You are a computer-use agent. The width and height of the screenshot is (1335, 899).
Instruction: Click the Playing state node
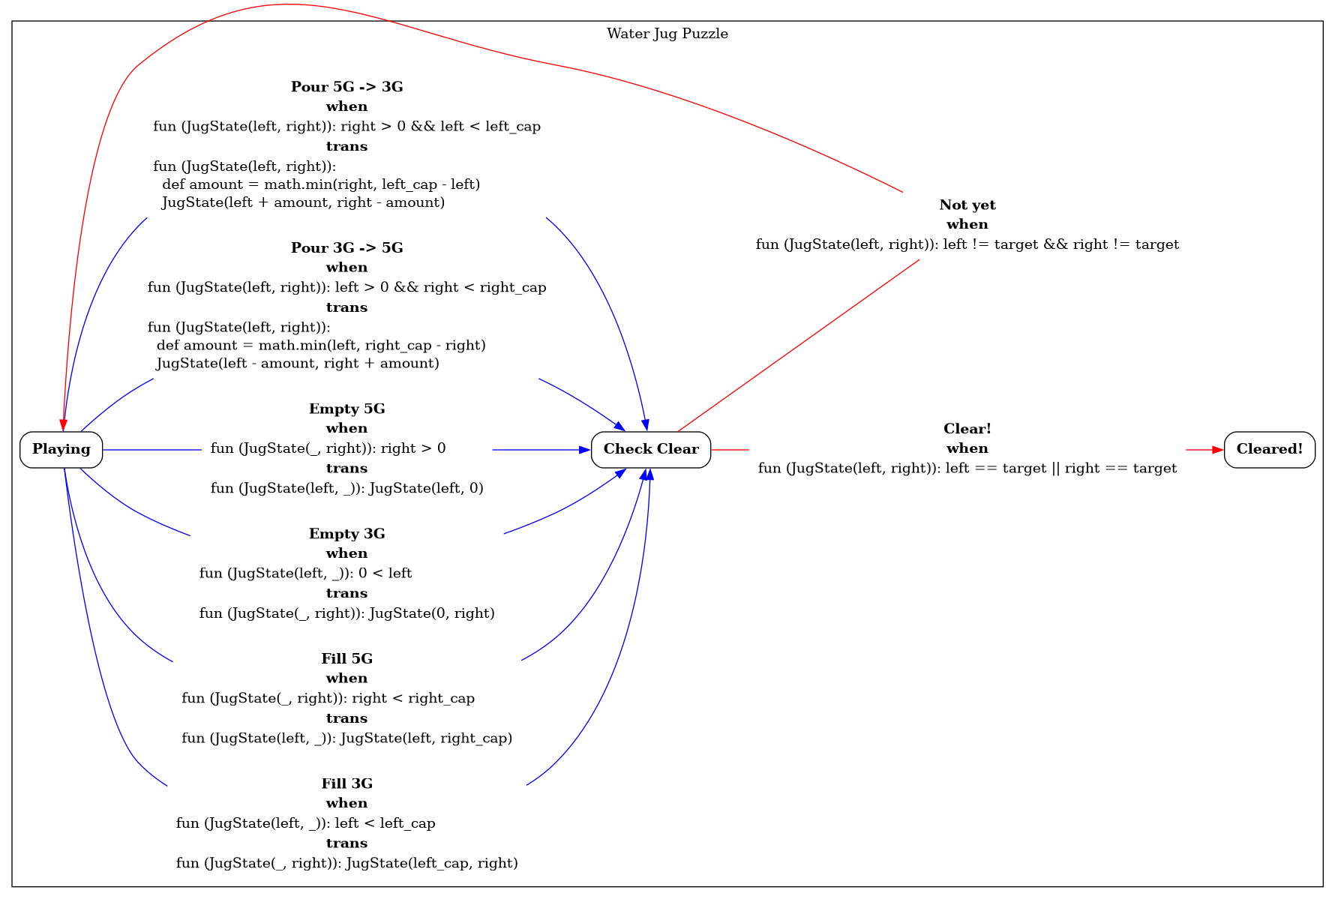pos(61,449)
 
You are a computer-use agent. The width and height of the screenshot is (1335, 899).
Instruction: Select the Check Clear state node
pos(650,449)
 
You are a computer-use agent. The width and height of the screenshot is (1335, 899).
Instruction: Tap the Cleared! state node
pos(1269,449)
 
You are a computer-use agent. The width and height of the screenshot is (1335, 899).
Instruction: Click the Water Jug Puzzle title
pos(667,34)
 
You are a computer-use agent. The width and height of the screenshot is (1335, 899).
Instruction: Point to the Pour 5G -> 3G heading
pos(346,87)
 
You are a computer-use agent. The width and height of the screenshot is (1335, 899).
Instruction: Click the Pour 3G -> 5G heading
pos(346,248)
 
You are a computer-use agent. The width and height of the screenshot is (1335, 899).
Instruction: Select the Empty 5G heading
pos(346,409)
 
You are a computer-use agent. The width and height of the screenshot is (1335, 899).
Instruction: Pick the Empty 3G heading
pos(346,534)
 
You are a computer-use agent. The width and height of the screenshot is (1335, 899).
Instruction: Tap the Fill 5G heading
pos(346,659)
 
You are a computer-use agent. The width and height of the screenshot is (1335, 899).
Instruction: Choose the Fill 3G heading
pos(346,784)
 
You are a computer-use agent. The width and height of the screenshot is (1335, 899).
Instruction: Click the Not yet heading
pos(967,205)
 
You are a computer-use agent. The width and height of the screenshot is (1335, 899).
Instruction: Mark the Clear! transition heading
pos(967,429)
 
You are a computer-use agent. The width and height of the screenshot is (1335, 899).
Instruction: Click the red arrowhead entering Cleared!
pos(1218,450)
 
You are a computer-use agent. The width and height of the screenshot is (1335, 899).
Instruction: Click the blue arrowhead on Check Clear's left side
pos(585,450)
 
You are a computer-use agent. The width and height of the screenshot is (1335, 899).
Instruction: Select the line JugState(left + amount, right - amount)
pos(303,202)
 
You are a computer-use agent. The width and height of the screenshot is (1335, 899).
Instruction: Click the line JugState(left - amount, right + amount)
pos(298,364)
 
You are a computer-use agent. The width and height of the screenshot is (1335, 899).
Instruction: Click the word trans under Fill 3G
pos(346,844)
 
